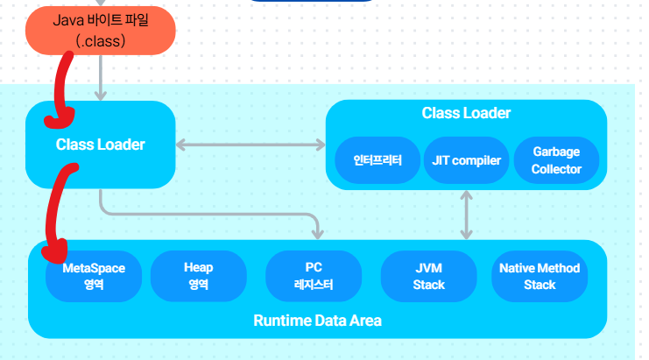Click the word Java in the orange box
tap(68, 19)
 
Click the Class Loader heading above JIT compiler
tap(466, 113)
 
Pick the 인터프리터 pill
tap(377, 160)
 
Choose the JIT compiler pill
tap(466, 160)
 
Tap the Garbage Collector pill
tap(555, 160)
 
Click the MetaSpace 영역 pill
tap(94, 276)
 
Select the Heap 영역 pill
tap(198, 276)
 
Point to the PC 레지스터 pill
tap(313, 276)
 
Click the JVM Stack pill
tap(427, 276)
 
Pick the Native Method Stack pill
tap(540, 276)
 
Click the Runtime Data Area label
tap(317, 321)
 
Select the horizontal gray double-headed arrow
tap(250, 145)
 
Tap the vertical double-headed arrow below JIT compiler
tap(466, 215)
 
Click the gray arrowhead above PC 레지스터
tap(316, 233)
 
